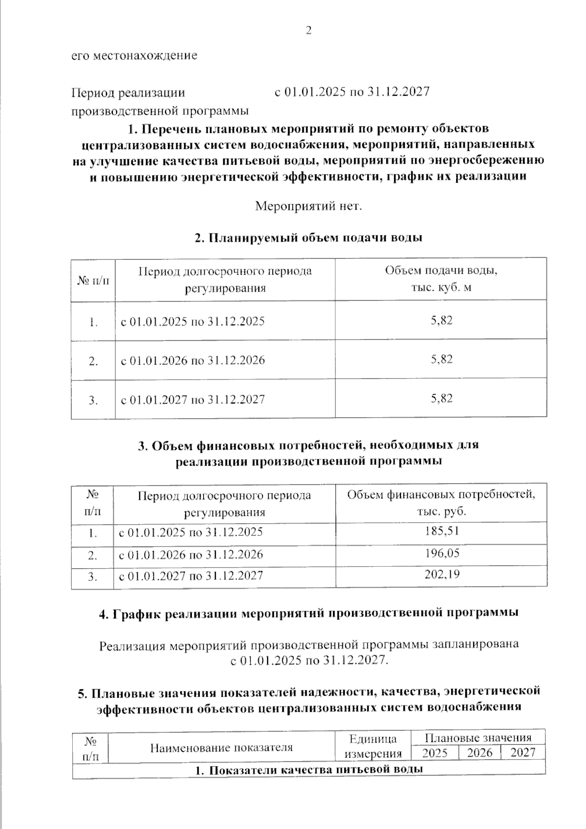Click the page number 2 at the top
(308, 31)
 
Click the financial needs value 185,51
(441, 531)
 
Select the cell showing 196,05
(441, 553)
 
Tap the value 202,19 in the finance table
(441, 574)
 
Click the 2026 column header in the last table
(480, 753)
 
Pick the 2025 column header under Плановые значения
(435, 753)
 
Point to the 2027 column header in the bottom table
(523, 753)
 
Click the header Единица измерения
(373, 746)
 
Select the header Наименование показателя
(221, 747)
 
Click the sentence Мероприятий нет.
(309, 206)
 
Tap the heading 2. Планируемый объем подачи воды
(308, 238)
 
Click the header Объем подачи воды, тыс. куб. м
(441, 279)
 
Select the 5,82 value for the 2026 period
(441, 360)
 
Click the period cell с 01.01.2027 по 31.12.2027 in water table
(193, 400)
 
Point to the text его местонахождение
(135, 55)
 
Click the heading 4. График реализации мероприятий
(308, 614)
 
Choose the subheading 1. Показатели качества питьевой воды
(308, 770)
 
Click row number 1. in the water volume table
(93, 322)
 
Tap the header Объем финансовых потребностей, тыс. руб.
(441, 503)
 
